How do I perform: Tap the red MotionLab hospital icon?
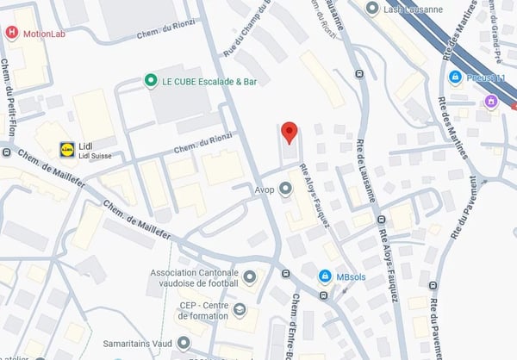11,34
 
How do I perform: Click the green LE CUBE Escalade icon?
150,80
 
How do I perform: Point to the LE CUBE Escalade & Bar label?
209,81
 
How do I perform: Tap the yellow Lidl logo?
66,149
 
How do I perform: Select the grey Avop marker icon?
285,189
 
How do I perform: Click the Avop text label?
264,189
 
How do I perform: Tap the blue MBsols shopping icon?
324,276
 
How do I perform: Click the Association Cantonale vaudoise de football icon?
250,276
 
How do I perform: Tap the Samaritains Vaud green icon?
183,342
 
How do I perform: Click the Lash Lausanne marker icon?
371,8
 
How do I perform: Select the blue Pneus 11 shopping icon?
454,78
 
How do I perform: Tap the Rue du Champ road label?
247,30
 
